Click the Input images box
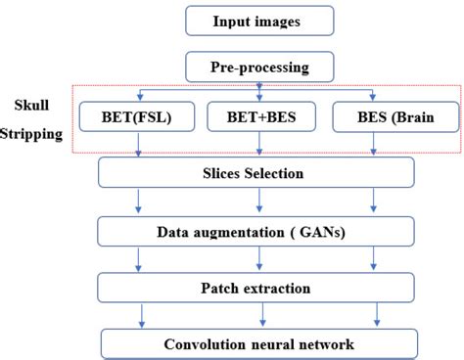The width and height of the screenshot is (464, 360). [258, 21]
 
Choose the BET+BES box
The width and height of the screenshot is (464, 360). [258, 119]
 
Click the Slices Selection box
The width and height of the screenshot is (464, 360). [258, 174]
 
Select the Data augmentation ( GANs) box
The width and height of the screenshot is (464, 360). [258, 231]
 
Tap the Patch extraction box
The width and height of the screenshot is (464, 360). [258, 288]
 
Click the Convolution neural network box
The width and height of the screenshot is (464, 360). [258, 343]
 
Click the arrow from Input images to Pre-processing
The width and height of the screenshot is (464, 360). [258, 43]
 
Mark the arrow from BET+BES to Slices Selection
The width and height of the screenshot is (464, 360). [258, 148]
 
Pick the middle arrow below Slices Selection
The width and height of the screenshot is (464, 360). [258, 202]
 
